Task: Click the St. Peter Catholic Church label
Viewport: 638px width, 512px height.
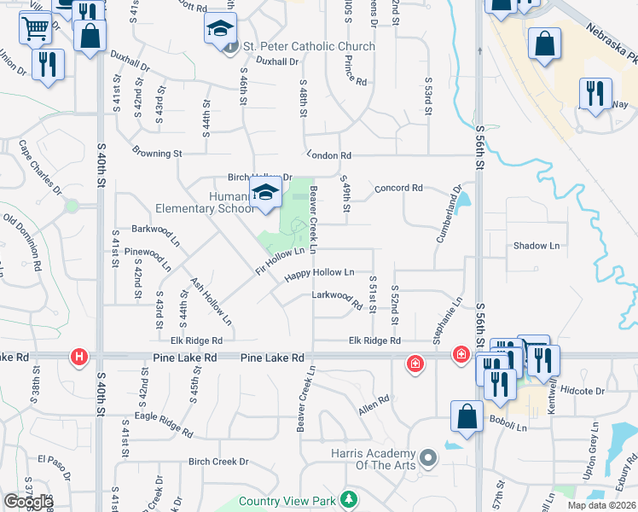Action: click(x=309, y=46)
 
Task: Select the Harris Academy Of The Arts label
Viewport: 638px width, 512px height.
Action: click(x=374, y=458)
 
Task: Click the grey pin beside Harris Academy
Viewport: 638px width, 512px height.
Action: click(x=428, y=458)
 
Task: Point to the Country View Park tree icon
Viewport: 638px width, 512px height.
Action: click(x=347, y=498)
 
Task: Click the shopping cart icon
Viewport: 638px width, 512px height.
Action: click(x=35, y=29)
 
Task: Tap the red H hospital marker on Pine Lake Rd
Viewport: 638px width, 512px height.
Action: click(x=79, y=357)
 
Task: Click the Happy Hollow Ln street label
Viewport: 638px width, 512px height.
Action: click(x=319, y=273)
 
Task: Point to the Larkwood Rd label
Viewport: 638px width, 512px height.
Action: click(x=338, y=296)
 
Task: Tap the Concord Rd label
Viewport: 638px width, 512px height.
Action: click(x=397, y=188)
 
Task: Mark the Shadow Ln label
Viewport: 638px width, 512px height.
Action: click(x=536, y=246)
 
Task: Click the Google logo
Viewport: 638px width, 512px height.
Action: click(x=28, y=502)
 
